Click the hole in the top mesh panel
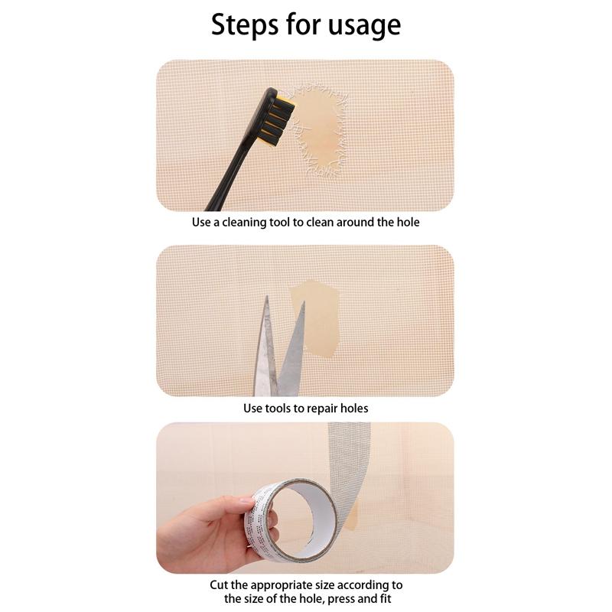point(314,126)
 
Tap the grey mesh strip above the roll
point(343,459)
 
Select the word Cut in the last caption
point(220,585)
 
